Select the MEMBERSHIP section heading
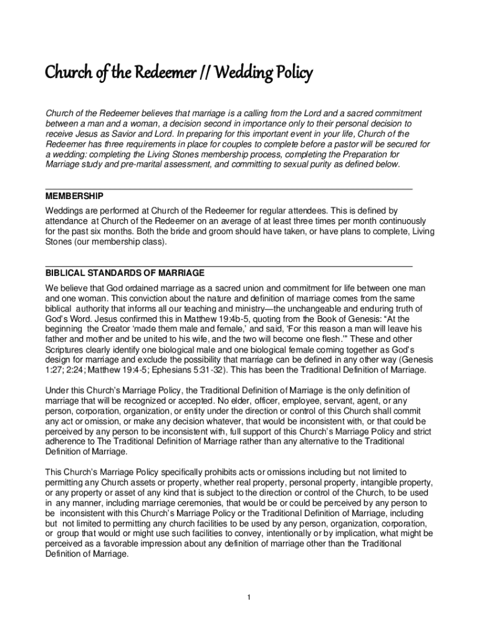pyautogui.click(x=74, y=196)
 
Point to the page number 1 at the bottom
pyautogui.click(x=249, y=598)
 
